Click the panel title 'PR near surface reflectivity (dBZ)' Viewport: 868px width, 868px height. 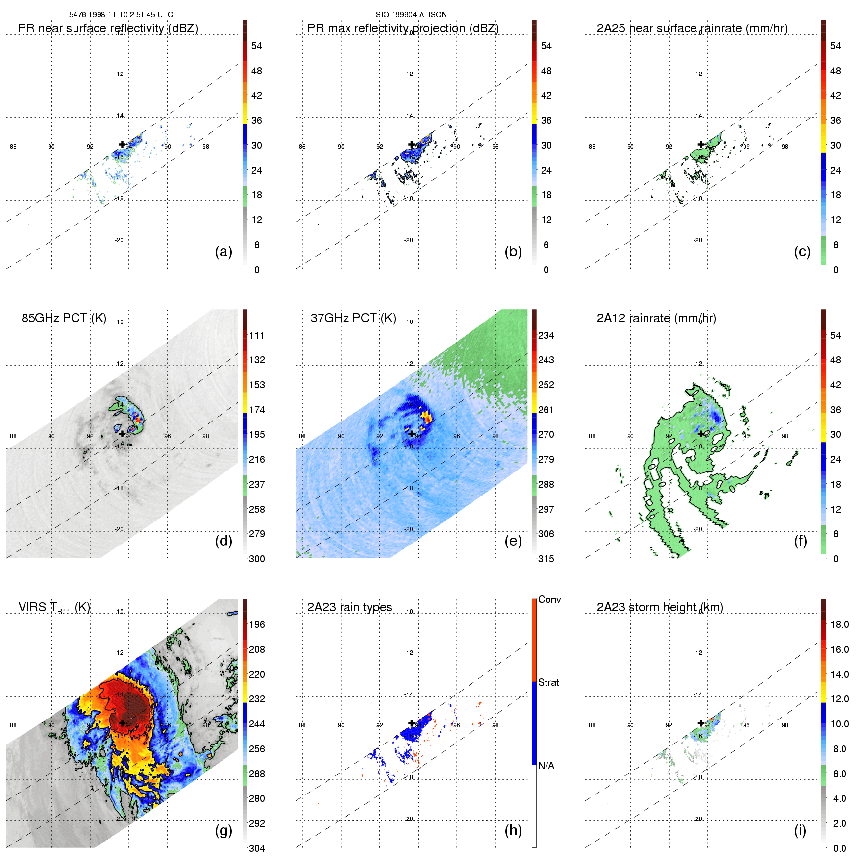[x=108, y=28]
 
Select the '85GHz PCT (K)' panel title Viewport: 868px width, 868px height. [x=64, y=318]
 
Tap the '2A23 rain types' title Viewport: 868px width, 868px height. [x=349, y=607]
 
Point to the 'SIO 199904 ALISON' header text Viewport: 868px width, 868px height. [x=411, y=15]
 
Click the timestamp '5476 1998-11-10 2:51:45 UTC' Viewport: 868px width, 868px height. [x=121, y=15]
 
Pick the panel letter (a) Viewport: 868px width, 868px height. [x=223, y=252]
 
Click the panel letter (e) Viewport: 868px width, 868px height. [x=513, y=541]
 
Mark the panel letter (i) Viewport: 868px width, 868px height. [x=800, y=830]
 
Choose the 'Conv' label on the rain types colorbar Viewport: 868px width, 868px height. [x=549, y=600]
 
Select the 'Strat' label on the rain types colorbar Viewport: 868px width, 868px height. [x=548, y=683]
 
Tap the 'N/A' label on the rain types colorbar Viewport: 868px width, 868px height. [x=546, y=766]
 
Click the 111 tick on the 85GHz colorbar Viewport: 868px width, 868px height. [x=257, y=336]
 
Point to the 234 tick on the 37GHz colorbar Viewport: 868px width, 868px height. [x=546, y=336]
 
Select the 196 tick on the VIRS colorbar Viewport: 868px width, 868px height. [x=257, y=625]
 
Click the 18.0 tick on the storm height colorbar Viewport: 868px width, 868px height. [x=839, y=625]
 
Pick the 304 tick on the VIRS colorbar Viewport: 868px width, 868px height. [x=257, y=848]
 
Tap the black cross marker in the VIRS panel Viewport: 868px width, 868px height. [x=122, y=723]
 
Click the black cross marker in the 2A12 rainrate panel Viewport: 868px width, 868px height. [x=701, y=434]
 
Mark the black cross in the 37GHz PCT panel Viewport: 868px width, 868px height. [x=411, y=434]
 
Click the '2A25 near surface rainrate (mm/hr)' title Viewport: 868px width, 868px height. [x=692, y=28]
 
